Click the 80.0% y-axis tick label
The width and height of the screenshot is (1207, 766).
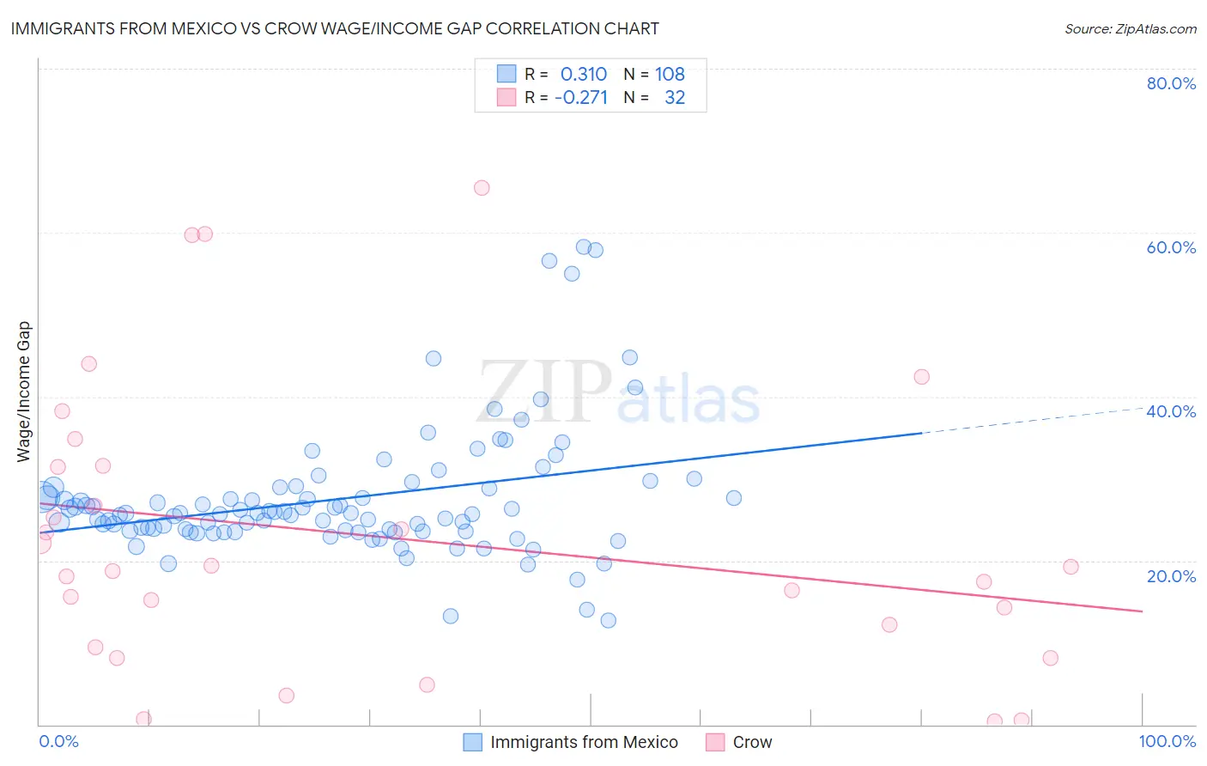1171,83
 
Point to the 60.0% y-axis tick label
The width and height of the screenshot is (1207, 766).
1171,247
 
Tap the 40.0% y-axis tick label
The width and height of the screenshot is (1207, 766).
1171,411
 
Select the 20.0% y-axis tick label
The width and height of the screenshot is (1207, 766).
1171,575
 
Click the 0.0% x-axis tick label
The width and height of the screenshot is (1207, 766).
58,741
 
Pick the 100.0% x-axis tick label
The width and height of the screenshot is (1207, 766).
1167,741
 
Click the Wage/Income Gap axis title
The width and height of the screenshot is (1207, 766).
24,392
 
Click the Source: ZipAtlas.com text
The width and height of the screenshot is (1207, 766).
1130,28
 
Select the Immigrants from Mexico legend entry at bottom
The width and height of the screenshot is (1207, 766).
584,742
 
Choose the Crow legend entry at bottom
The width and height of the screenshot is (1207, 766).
752,742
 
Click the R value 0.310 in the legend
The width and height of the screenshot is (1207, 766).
584,74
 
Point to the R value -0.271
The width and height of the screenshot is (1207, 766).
581,97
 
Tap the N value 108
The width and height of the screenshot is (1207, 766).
670,74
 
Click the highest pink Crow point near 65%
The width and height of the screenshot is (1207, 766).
482,188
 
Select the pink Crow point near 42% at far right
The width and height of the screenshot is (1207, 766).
921,376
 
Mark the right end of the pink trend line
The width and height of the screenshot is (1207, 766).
1142,611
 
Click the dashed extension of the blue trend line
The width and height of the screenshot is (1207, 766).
1030,421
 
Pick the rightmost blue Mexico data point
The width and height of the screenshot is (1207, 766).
733,498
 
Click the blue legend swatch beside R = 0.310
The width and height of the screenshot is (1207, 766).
506,74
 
